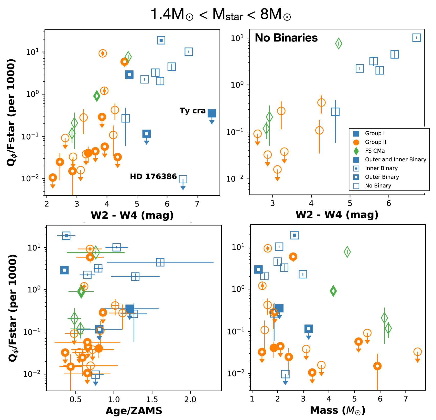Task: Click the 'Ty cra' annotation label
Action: pyautogui.click(x=192, y=111)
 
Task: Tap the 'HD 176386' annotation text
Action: pyautogui.click(x=153, y=176)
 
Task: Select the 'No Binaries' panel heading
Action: pyautogui.click(x=286, y=38)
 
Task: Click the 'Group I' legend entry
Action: pyautogui.click(x=375, y=133)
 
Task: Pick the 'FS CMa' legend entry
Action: pyautogui.click(x=375, y=151)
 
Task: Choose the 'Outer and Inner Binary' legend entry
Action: pyautogui.click(x=395, y=160)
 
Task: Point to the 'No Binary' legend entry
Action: pyautogui.click(x=378, y=186)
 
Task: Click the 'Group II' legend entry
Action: pyautogui.click(x=375, y=142)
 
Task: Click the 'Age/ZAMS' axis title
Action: pyautogui.click(x=134, y=411)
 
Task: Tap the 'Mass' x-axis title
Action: pyautogui.click(x=337, y=410)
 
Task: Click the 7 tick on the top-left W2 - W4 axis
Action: pyautogui.click(x=197, y=204)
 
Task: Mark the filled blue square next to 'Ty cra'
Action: pyautogui.click(x=212, y=113)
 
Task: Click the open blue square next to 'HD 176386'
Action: pyautogui.click(x=183, y=179)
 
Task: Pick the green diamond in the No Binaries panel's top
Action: pyautogui.click(x=339, y=43)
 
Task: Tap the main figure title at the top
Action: pyautogui.click(x=221, y=14)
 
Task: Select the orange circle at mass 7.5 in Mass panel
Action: pyautogui.click(x=417, y=352)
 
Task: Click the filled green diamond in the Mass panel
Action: pyautogui.click(x=333, y=291)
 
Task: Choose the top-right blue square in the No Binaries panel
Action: pyautogui.click(x=417, y=38)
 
